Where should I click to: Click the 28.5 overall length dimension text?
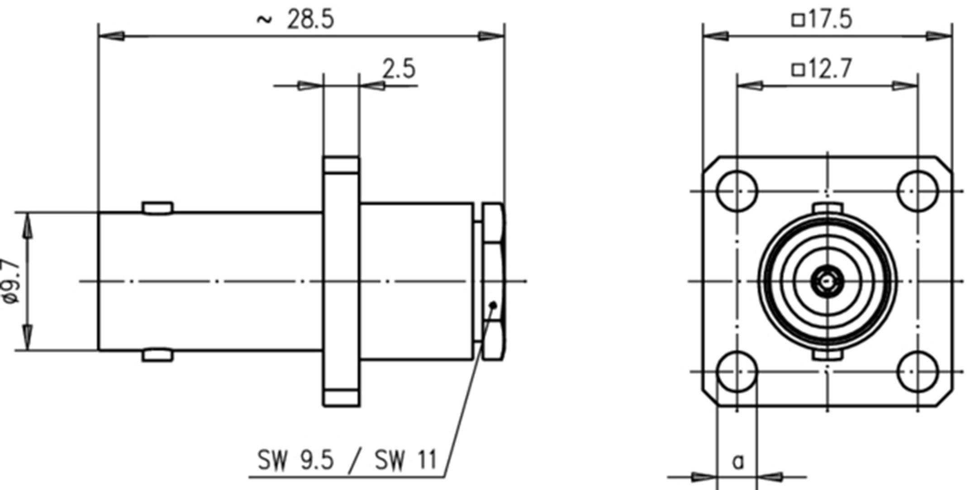click(x=310, y=20)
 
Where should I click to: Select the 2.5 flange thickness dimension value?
click(x=398, y=69)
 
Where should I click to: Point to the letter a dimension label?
click(x=738, y=462)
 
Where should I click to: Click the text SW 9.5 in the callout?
click(x=295, y=460)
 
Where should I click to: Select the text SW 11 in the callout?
click(x=405, y=460)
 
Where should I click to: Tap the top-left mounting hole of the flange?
click(x=737, y=191)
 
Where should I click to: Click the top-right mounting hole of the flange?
click(x=917, y=191)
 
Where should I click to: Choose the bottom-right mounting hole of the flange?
click(x=917, y=371)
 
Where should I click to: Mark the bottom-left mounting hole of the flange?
click(x=737, y=371)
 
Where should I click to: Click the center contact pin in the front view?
click(x=827, y=282)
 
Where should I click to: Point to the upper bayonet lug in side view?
click(x=157, y=208)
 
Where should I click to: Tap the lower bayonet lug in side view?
click(x=157, y=355)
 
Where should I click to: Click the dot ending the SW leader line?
click(x=494, y=306)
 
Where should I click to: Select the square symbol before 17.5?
click(x=798, y=20)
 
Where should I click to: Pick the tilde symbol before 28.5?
click(x=265, y=19)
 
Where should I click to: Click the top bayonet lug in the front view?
click(x=827, y=208)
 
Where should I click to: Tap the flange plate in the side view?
click(x=341, y=281)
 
